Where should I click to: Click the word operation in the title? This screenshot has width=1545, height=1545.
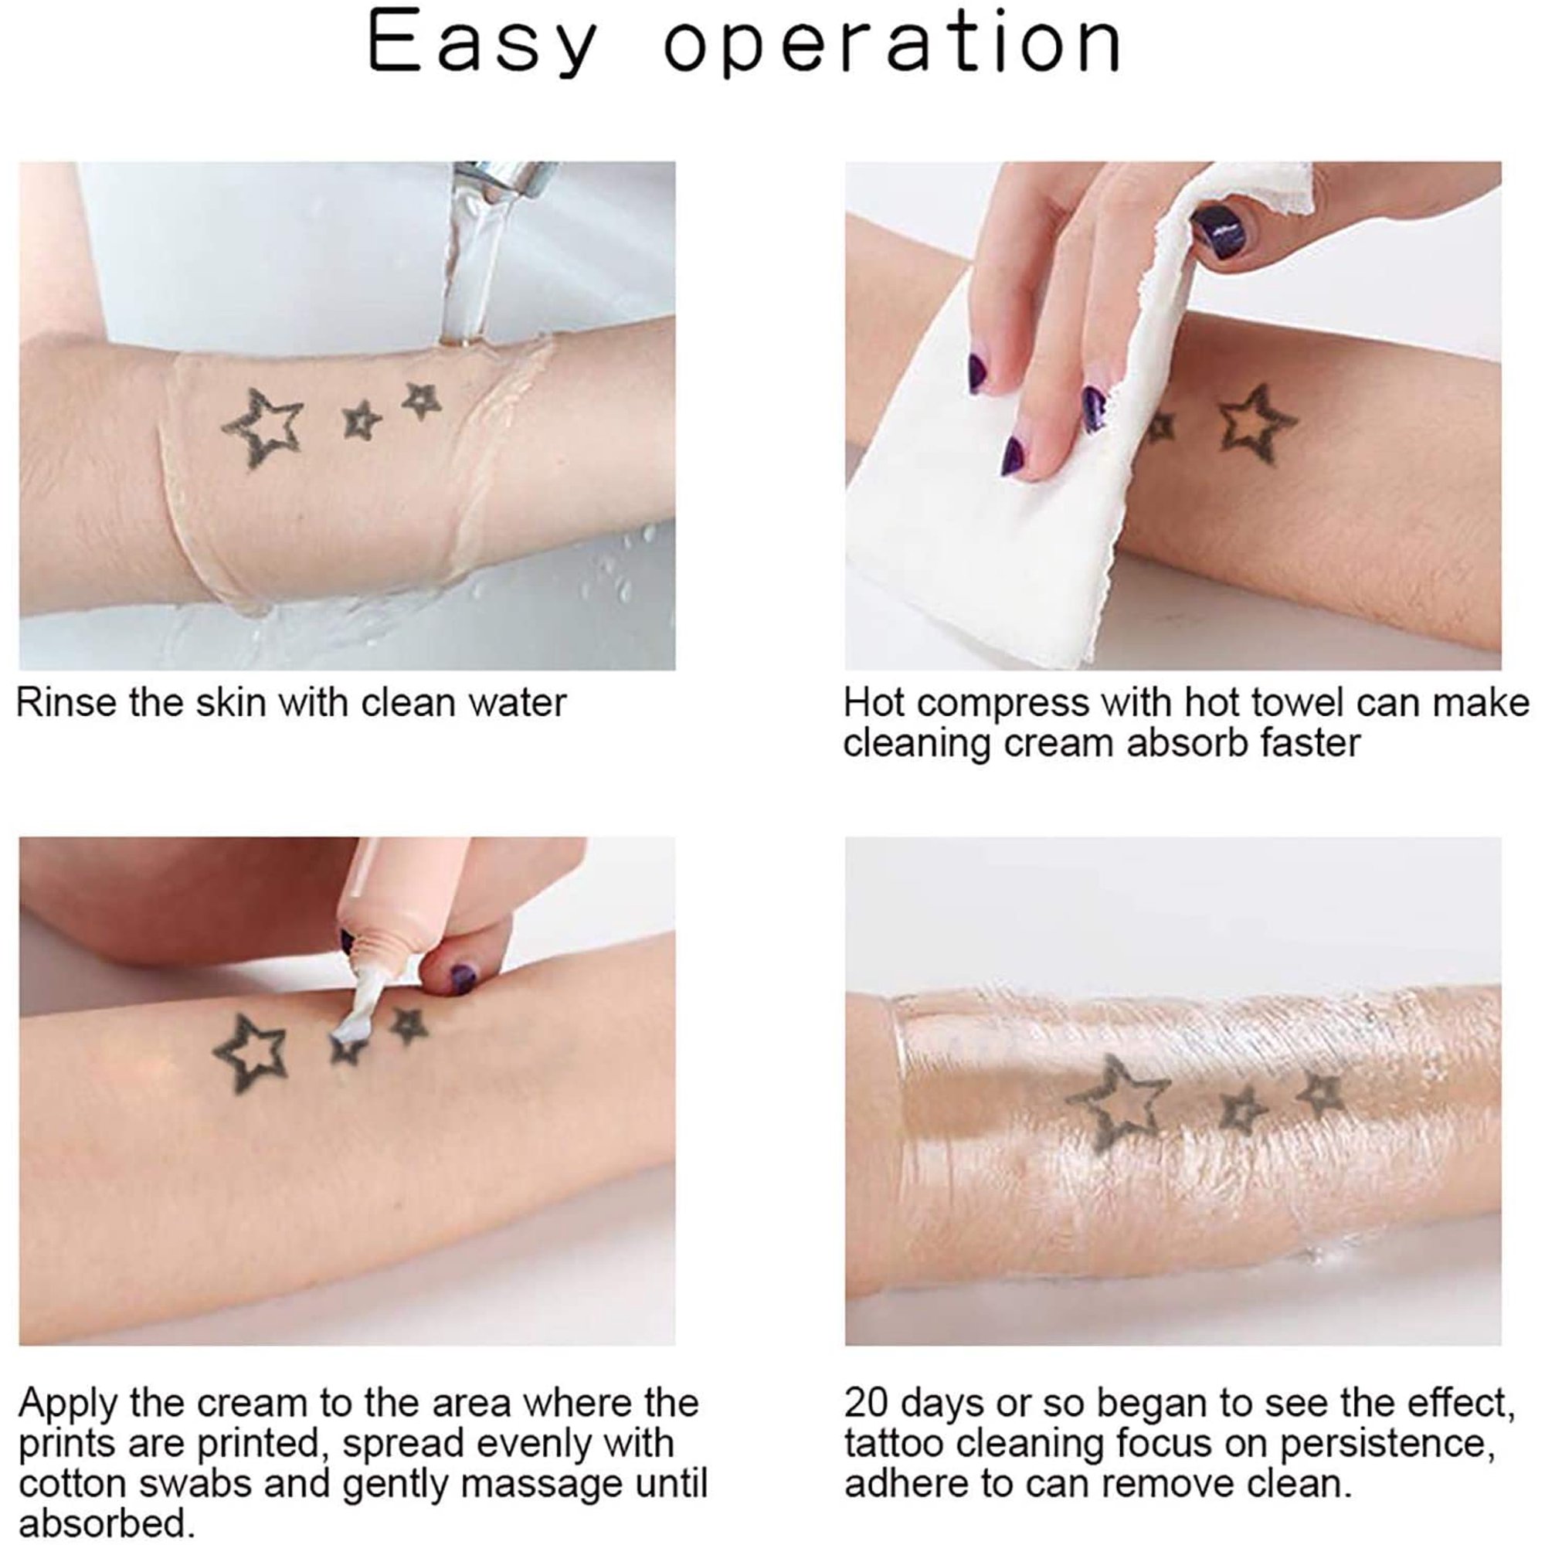coord(892,45)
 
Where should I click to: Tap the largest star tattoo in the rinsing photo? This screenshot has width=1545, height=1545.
coord(263,427)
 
